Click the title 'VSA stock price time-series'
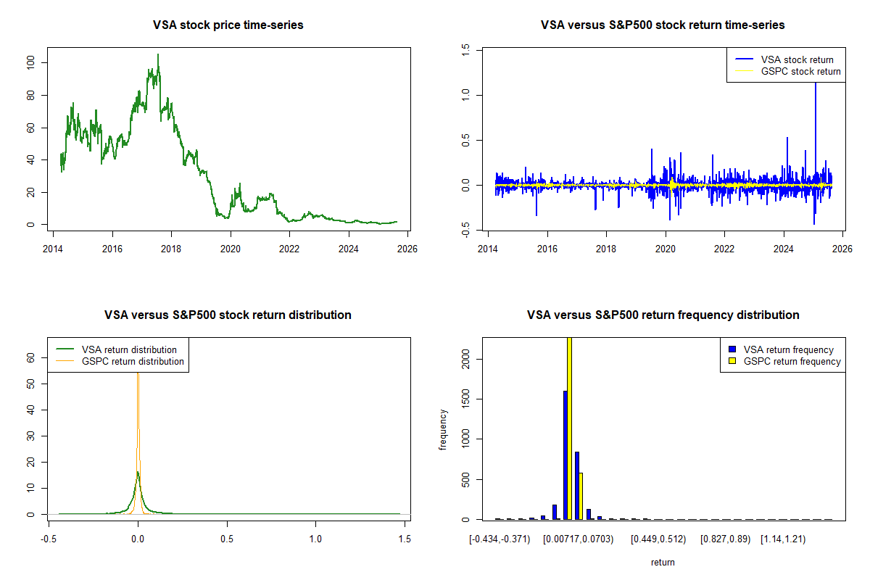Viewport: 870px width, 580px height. click(228, 25)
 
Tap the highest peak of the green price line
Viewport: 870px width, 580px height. click(158, 55)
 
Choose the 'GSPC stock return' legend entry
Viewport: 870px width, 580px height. click(800, 71)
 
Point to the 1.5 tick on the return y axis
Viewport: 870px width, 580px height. click(465, 49)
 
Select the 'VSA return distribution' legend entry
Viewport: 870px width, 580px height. click(129, 349)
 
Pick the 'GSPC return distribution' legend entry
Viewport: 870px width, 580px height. click(133, 361)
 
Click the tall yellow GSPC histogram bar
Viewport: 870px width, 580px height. click(569, 428)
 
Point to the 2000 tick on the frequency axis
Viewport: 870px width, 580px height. click(465, 357)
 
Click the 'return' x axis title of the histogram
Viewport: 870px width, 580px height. click(663, 562)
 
